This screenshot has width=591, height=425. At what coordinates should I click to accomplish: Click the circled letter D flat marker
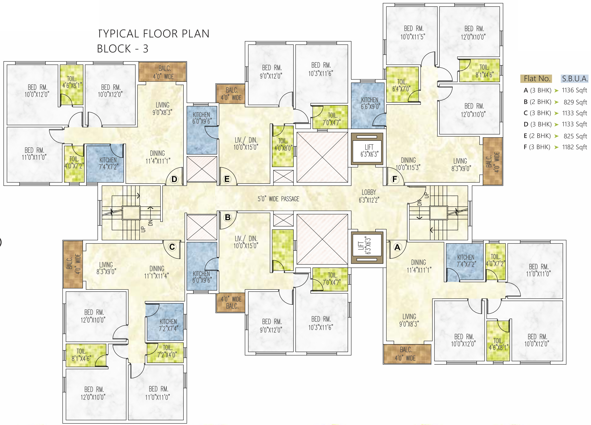(174, 179)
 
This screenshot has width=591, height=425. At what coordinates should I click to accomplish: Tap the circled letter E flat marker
(227, 179)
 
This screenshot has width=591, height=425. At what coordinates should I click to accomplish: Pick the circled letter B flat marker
(228, 217)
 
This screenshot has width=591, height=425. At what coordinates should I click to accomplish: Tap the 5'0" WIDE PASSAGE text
(278, 199)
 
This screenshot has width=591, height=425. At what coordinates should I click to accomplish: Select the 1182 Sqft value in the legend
(575, 147)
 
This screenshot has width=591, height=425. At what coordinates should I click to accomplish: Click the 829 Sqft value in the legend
(575, 102)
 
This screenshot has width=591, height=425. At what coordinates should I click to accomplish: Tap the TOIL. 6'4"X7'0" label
(402, 85)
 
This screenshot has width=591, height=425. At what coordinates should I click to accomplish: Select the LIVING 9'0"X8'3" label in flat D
(162, 109)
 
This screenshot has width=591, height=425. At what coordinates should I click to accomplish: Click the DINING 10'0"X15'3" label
(408, 164)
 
